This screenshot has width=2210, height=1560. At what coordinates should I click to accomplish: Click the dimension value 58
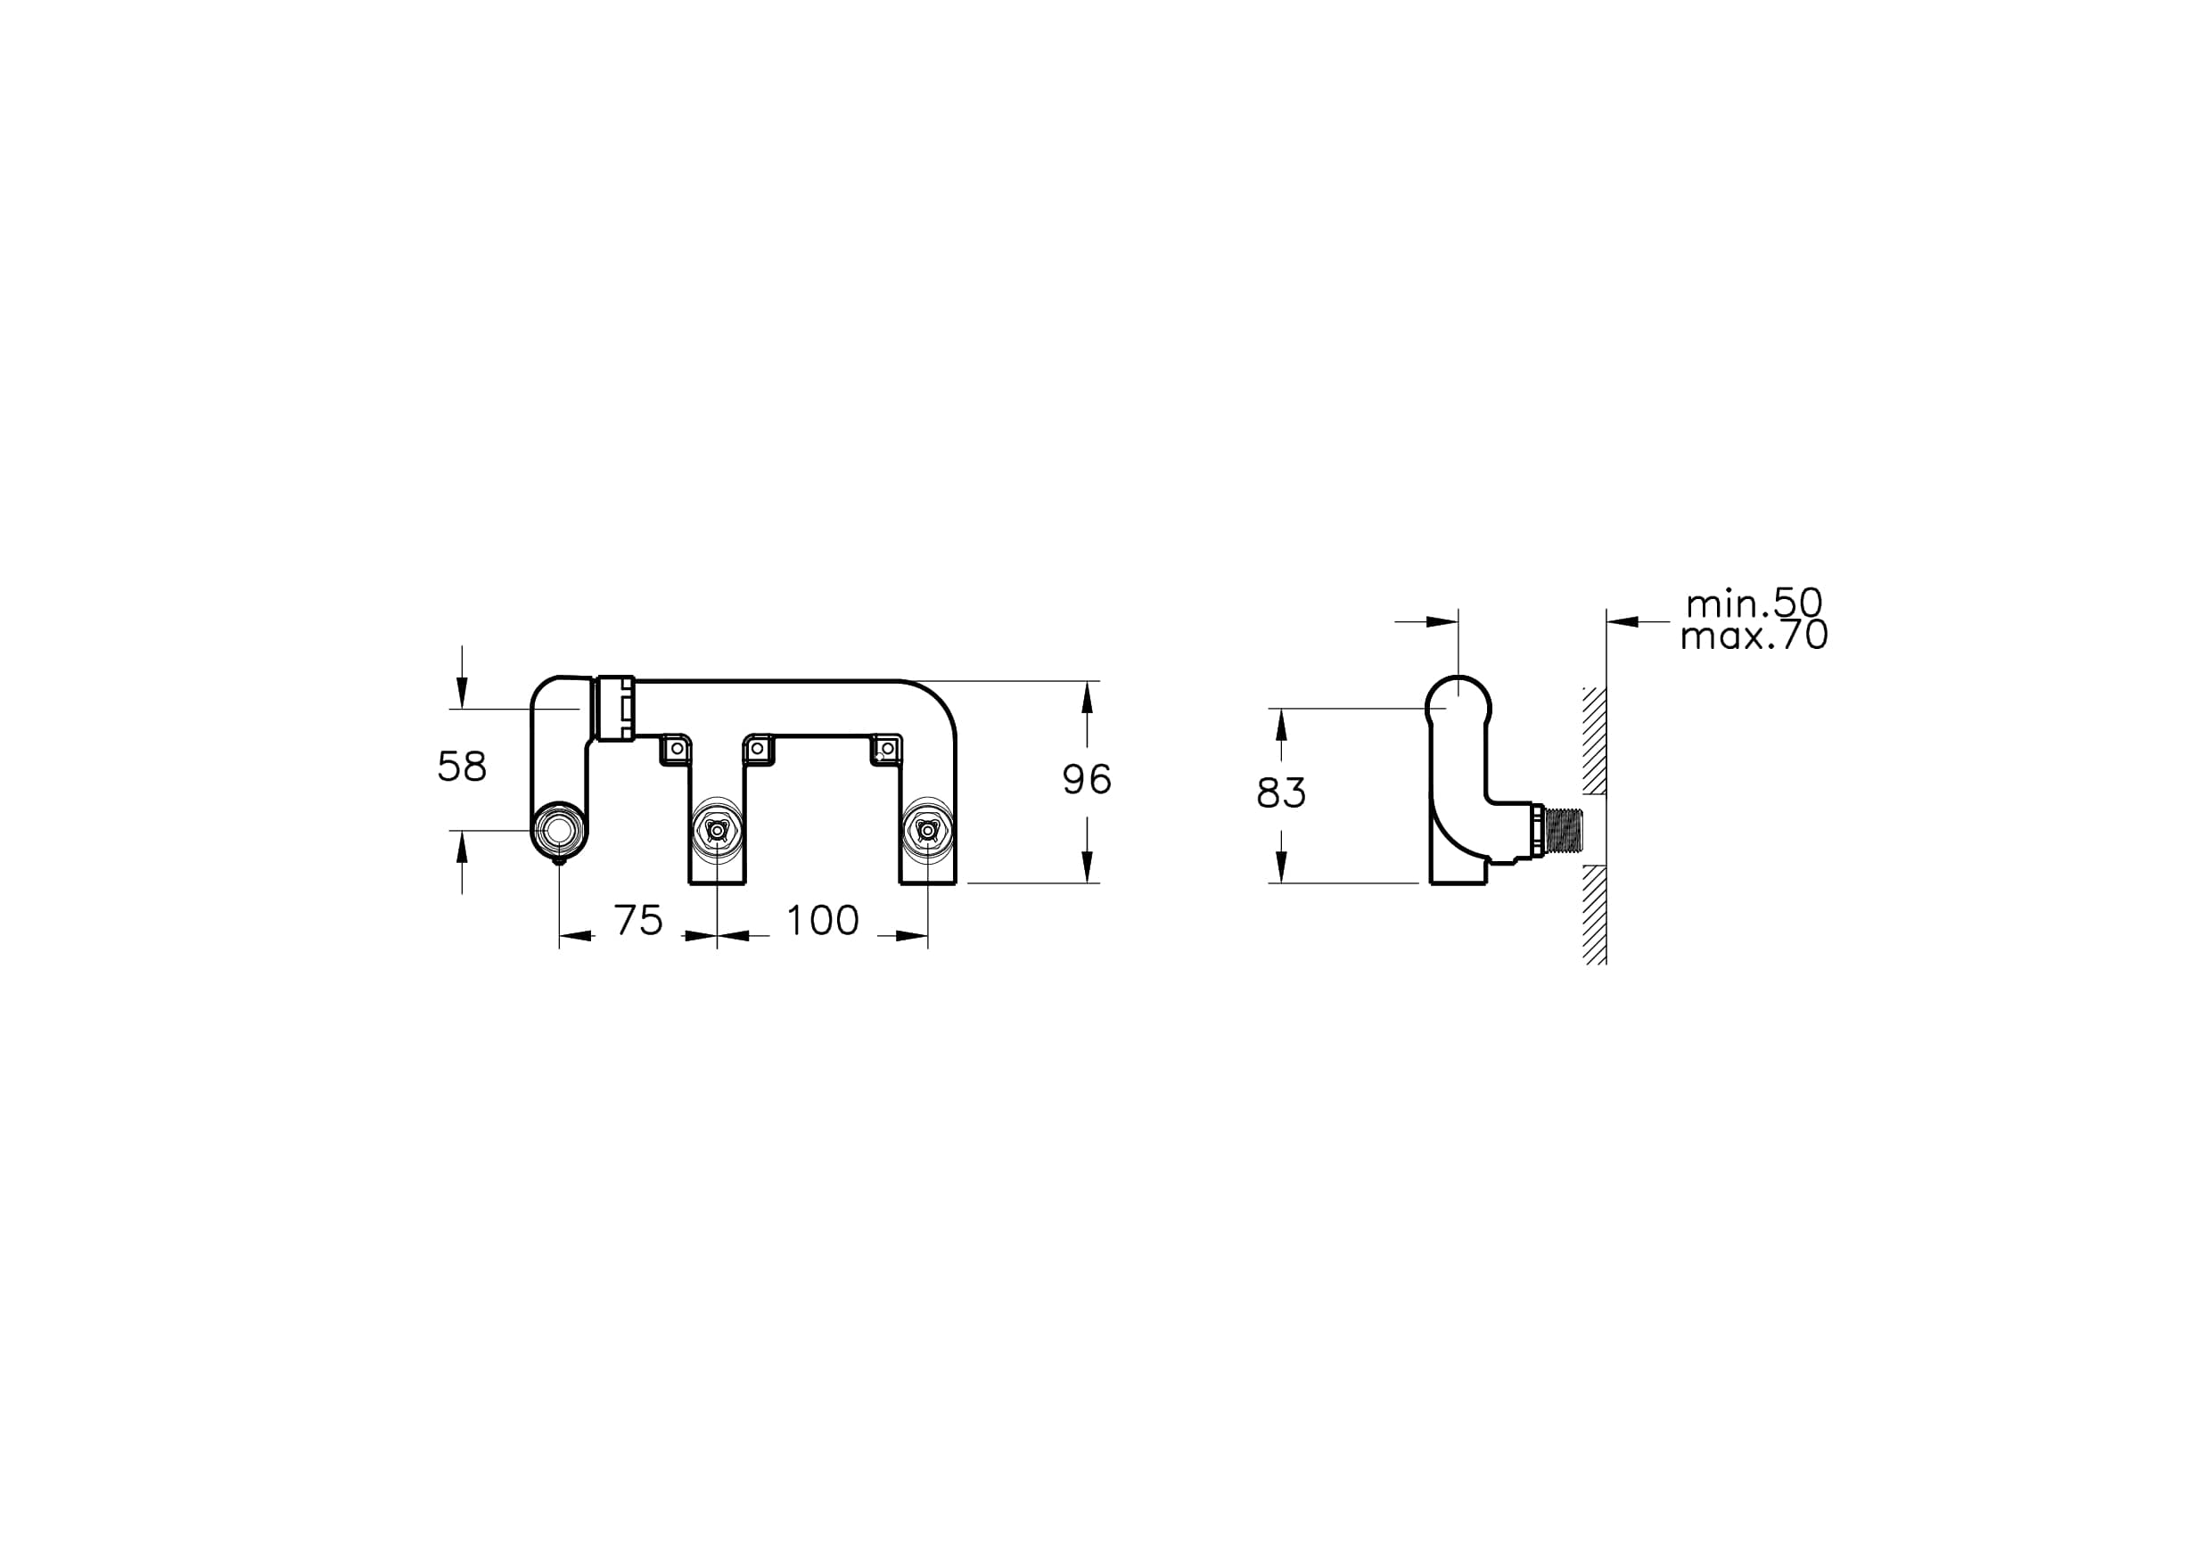462,767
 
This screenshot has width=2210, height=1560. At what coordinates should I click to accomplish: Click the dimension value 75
638,921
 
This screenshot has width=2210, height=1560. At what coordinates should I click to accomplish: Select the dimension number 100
823,921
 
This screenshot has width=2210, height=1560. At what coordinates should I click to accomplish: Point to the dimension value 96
1087,779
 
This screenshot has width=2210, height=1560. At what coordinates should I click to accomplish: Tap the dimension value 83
1281,793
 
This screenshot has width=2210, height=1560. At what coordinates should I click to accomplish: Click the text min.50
1754,603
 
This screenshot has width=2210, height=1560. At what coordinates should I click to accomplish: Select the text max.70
1754,636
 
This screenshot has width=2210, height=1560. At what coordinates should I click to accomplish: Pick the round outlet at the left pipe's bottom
558,830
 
